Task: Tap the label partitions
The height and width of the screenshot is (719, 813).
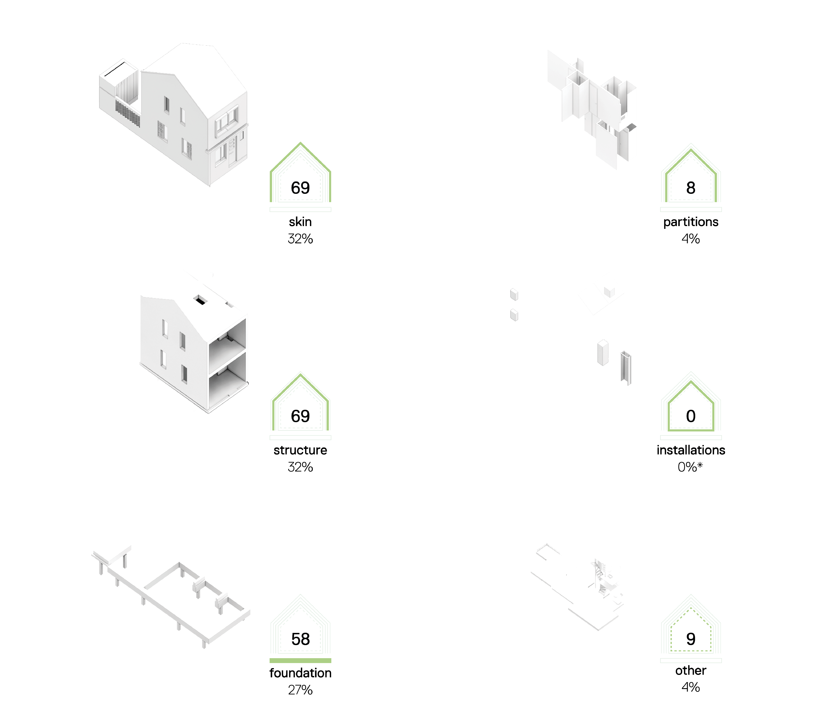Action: tap(691, 222)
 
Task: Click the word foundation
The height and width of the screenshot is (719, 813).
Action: tap(300, 673)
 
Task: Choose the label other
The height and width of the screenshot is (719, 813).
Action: tap(691, 670)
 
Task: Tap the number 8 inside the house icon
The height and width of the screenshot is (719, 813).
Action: tap(691, 188)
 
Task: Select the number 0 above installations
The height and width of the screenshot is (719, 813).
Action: tap(691, 416)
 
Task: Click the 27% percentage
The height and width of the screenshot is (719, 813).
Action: tap(300, 690)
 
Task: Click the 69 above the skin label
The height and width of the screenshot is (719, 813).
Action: tap(300, 188)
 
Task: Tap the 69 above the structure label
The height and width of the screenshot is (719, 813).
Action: tap(300, 416)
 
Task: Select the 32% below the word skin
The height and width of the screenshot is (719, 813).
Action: tap(300, 239)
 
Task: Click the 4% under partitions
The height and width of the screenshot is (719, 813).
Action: tap(691, 239)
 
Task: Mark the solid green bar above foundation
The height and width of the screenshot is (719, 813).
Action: tap(300, 660)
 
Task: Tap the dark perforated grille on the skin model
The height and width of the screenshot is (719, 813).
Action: tap(128, 113)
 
